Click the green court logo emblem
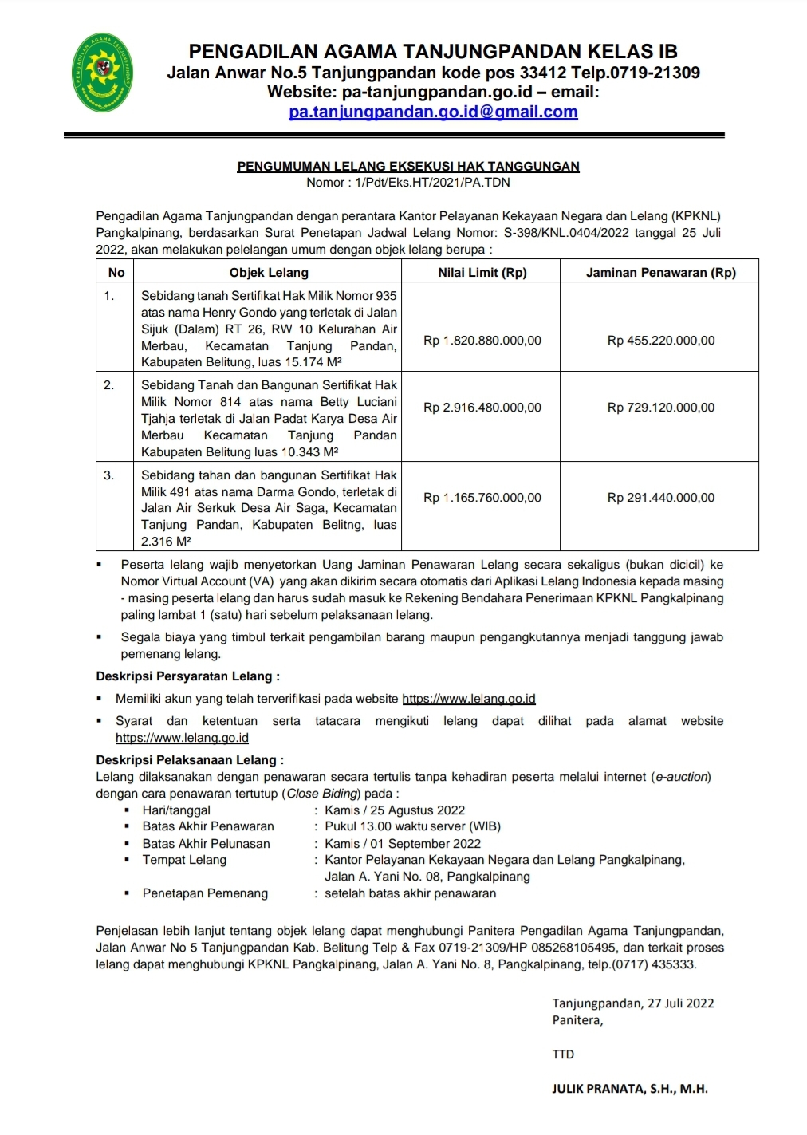101,73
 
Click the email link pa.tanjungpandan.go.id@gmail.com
433,112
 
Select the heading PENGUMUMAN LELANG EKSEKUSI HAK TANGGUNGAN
408,167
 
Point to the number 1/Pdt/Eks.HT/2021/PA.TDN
432,183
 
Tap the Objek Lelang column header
269,273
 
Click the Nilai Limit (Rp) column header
482,273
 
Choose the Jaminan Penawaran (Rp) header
660,273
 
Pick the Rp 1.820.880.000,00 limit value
482,341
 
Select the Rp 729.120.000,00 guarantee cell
660,408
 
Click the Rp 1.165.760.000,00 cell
482,498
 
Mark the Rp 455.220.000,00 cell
660,341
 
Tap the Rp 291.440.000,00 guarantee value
660,498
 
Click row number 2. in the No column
109,385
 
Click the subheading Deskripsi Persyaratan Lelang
187,676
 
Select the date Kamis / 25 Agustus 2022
395,810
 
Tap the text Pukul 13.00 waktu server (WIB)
412,826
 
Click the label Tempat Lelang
184,860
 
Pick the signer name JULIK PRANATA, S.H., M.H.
629,1089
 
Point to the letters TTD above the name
563,1054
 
